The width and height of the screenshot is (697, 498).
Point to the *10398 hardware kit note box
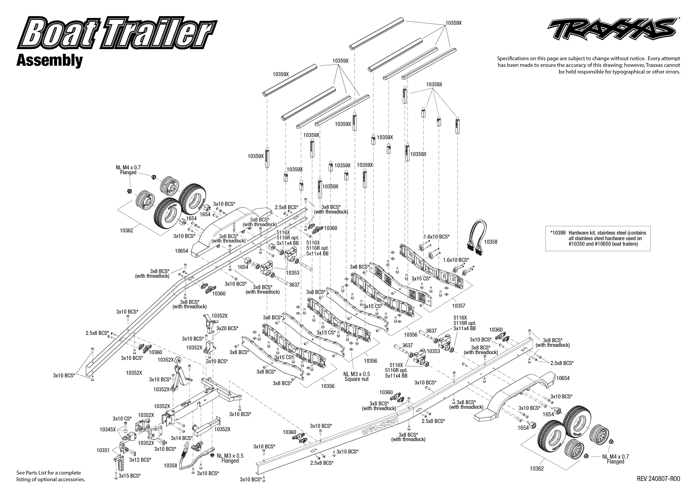(x=598, y=238)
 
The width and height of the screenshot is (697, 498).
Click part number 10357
(x=458, y=305)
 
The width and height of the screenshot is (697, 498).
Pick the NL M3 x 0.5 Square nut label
(x=356, y=376)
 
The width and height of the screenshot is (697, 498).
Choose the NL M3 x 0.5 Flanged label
(x=230, y=458)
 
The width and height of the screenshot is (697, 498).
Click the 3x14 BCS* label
(x=182, y=438)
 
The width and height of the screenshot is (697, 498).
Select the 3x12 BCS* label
(x=140, y=460)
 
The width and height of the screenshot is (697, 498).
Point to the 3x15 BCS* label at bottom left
(x=130, y=476)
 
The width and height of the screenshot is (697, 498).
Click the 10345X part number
(x=108, y=430)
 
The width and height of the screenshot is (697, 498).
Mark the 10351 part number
(x=103, y=450)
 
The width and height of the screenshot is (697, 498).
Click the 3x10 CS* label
(x=122, y=419)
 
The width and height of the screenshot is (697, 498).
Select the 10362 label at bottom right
(x=537, y=469)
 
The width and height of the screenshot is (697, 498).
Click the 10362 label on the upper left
(x=127, y=230)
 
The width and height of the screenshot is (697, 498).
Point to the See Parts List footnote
(x=51, y=476)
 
